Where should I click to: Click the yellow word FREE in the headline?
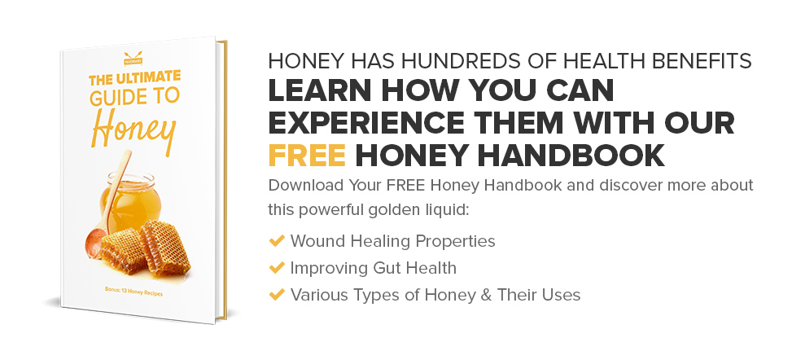click(307, 154)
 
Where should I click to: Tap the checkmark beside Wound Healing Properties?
click(276, 241)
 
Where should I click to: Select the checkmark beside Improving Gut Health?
click(276, 268)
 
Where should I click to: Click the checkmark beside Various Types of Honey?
click(276, 294)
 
